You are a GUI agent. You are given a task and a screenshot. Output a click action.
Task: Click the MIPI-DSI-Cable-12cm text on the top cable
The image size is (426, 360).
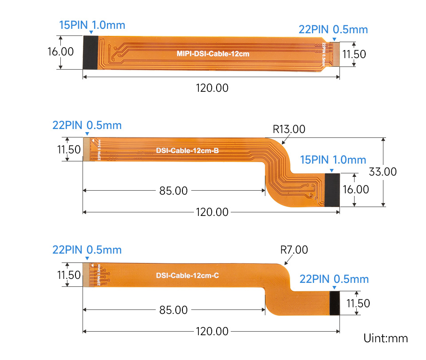(213, 54)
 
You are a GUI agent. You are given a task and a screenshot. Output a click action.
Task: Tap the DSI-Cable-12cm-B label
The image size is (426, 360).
(187, 150)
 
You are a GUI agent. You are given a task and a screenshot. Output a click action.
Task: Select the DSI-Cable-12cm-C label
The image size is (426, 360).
(187, 275)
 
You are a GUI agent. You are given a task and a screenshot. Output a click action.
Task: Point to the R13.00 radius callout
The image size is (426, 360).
(289, 129)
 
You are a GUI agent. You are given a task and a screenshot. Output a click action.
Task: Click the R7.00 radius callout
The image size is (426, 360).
(294, 250)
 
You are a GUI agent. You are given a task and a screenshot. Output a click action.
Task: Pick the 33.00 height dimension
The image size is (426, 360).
(382, 172)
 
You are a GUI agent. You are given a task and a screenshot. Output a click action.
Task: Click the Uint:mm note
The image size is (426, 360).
(385, 339)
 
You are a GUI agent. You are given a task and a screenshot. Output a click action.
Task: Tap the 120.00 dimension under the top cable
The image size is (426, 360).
(212, 88)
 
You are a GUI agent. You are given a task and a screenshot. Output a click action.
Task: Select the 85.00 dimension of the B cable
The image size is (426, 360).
(174, 191)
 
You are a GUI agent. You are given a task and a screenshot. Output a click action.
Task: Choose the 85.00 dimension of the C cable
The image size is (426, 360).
(174, 310)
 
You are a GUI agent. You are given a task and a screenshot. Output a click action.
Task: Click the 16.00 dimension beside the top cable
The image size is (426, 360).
(60, 51)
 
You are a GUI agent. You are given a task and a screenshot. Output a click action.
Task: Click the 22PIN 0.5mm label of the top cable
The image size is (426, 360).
(333, 30)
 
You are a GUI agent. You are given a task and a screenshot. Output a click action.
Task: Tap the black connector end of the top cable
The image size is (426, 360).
(90, 52)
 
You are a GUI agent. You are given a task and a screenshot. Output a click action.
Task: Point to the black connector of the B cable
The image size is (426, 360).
(332, 190)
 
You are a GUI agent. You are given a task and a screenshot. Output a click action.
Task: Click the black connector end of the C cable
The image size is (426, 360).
(335, 303)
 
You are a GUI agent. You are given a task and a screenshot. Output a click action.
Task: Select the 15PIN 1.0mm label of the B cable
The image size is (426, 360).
(333, 160)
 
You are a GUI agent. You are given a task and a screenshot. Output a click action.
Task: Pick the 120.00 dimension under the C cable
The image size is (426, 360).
(212, 331)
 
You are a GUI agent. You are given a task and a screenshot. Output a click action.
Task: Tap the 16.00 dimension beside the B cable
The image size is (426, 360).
(355, 189)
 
